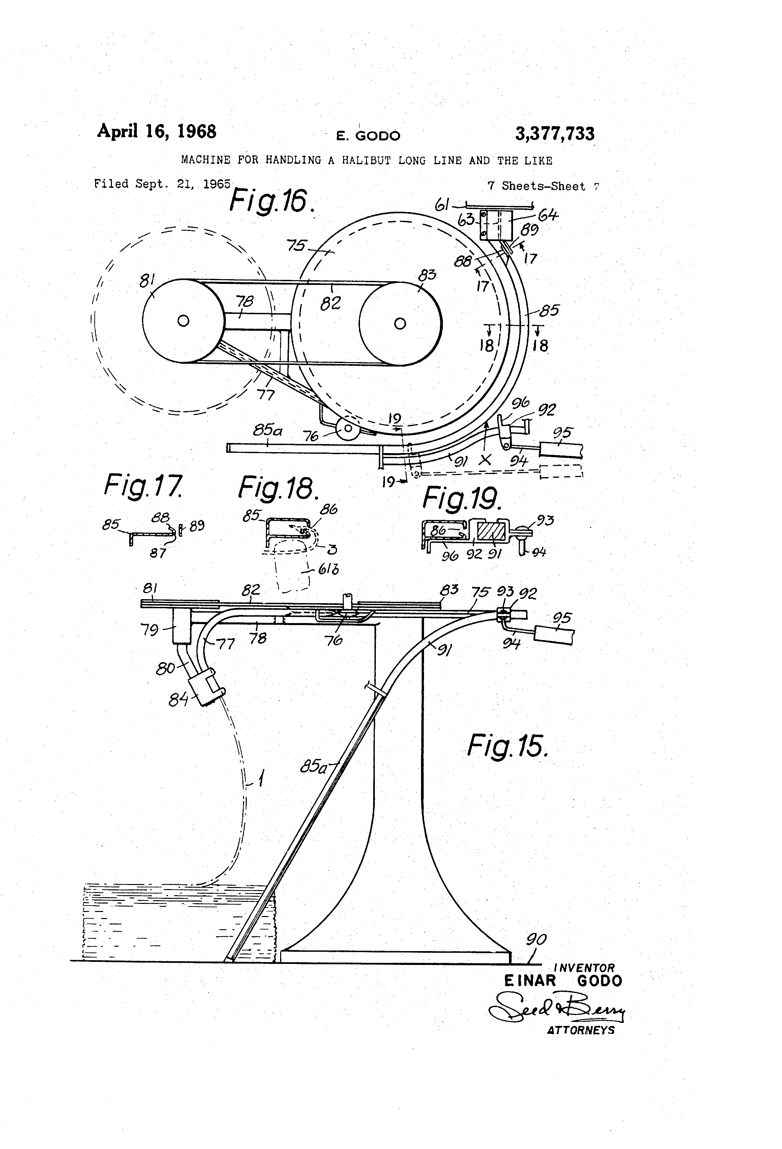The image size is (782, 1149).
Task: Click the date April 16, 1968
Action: pyautogui.click(x=156, y=131)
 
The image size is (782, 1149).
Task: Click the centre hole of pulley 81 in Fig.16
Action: pyautogui.click(x=183, y=321)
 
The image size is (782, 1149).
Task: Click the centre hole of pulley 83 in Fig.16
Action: pyautogui.click(x=400, y=323)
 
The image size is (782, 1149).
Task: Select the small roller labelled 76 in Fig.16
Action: pyautogui.click(x=348, y=429)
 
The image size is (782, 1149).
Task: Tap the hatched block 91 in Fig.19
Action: pyautogui.click(x=491, y=531)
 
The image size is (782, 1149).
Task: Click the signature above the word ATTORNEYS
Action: pyautogui.click(x=556, y=1009)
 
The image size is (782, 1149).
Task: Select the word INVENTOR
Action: pyautogui.click(x=584, y=968)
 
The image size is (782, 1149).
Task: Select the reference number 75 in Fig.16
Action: pyautogui.click(x=297, y=245)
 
